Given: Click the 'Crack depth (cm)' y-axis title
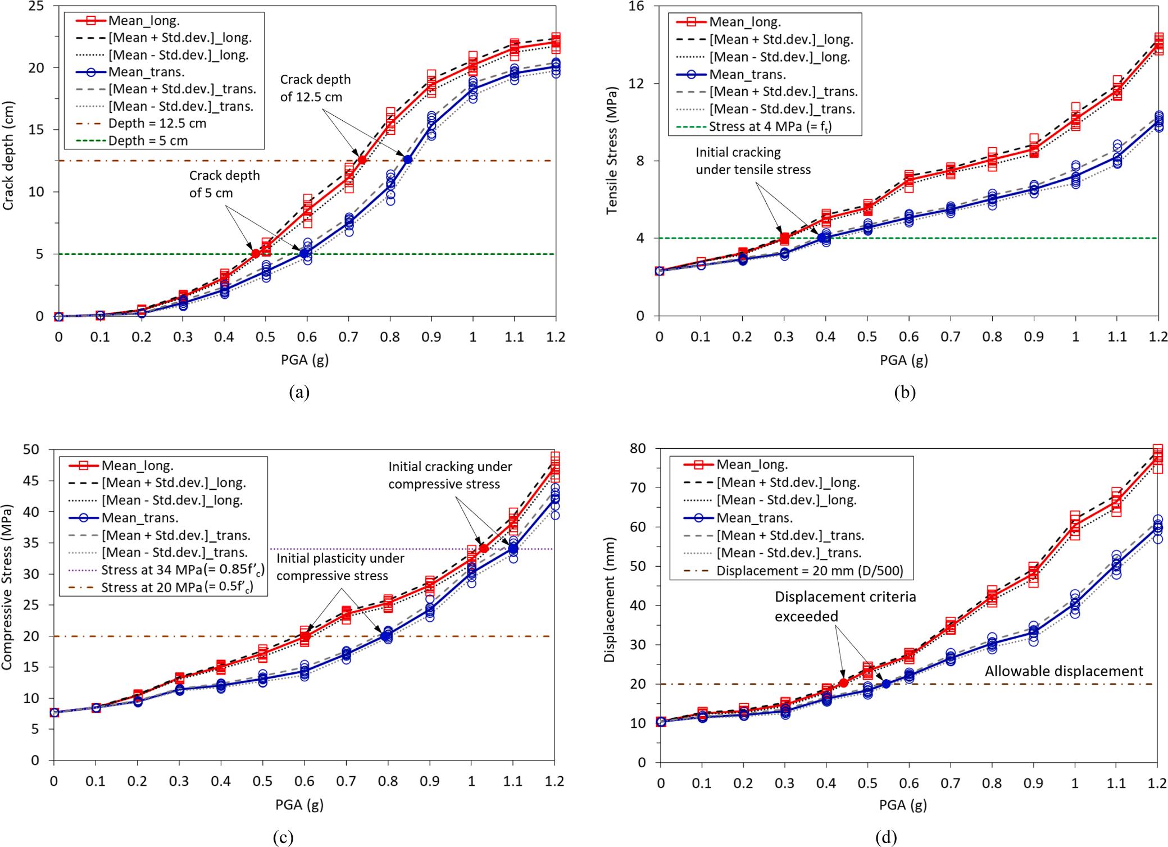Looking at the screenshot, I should click(8, 156).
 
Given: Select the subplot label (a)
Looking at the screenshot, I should click(299, 392).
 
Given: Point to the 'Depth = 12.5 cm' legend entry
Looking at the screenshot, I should click(157, 123).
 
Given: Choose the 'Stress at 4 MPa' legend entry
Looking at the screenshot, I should click(769, 126).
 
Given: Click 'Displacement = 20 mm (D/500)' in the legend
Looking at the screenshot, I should click(810, 571).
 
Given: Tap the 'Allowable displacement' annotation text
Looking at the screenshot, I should click(1064, 671).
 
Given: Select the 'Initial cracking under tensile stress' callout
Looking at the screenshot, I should click(753, 161).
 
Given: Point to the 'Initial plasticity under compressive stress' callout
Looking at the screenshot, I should click(340, 567).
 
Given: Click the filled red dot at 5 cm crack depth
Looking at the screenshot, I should click(256, 254).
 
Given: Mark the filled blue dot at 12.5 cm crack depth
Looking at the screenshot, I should click(408, 160).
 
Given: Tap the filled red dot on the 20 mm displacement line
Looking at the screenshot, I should click(843, 683).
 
